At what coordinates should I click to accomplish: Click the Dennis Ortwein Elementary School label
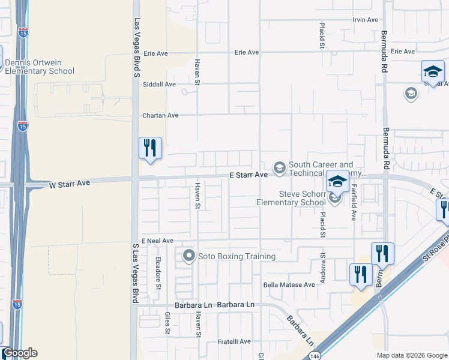tap(40, 67)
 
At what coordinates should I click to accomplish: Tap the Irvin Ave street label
tap(366, 20)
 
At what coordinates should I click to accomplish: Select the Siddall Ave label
tap(158, 84)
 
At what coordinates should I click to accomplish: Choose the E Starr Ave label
tap(248, 175)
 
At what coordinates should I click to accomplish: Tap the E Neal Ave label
tap(157, 240)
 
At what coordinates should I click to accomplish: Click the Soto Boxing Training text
tap(237, 256)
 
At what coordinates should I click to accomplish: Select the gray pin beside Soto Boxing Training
tap(189, 256)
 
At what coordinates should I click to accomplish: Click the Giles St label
tap(167, 323)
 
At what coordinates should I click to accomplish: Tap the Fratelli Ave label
tap(234, 341)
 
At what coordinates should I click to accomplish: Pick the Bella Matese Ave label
tap(289, 285)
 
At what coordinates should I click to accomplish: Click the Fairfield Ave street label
tap(354, 203)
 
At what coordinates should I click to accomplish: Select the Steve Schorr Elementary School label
tap(291, 198)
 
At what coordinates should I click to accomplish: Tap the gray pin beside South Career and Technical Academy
tap(279, 167)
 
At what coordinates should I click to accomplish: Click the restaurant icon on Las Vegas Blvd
tap(150, 148)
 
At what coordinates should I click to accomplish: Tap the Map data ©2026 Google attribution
tap(411, 355)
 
